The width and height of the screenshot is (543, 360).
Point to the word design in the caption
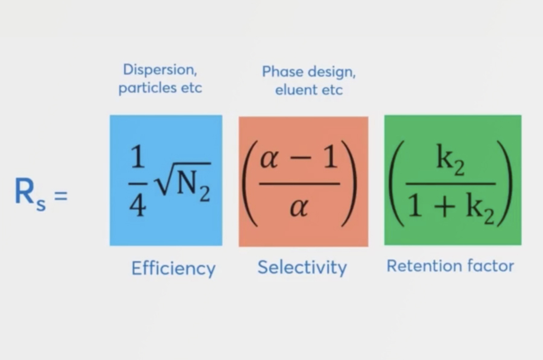[332, 72]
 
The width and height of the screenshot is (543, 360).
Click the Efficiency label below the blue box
[173, 269]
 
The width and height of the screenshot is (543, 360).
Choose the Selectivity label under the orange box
[302, 268]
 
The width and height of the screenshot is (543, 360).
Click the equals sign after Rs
[61, 196]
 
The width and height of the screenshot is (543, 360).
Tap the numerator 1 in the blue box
[137, 157]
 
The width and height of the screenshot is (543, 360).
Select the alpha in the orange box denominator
[299, 207]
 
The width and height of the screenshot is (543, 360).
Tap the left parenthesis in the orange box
[248, 183]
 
